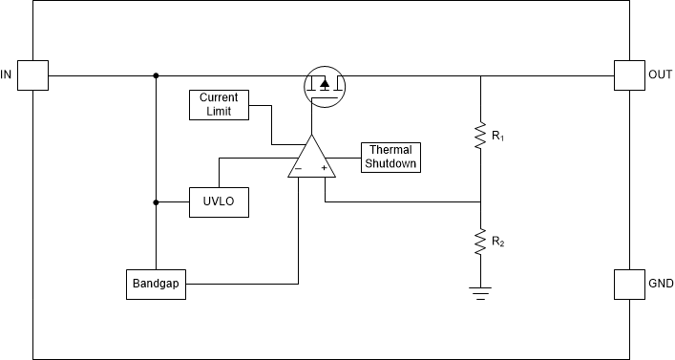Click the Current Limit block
coord(219,104)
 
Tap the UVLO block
coord(219,202)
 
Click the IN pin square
coord(33,75)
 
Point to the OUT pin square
coord(629,75)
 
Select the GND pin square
coord(629,285)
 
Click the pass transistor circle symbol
coord(324,87)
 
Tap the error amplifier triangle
coord(312,159)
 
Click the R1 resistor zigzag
coord(479,138)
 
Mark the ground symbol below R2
coord(479,290)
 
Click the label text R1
coord(498,138)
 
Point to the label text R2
coord(498,243)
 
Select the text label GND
coord(661,285)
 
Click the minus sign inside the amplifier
coord(299,169)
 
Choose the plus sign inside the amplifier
coord(325,169)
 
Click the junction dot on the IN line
coord(157,75)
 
